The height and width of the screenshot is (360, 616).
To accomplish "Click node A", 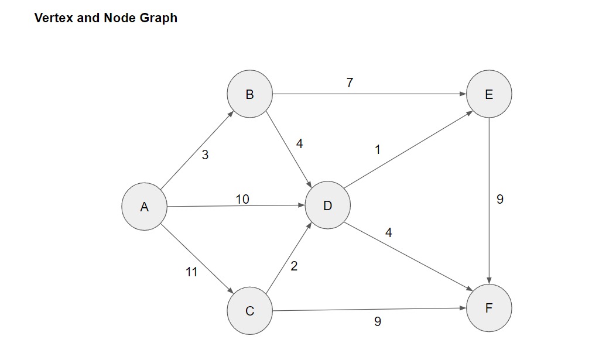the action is (x=144, y=206).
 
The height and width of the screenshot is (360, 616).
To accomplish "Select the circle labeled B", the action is (x=249, y=94).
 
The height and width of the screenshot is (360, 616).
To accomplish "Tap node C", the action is (x=249, y=310).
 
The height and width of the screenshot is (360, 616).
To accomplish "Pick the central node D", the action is (x=327, y=205).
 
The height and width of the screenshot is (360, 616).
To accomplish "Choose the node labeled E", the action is (x=489, y=94).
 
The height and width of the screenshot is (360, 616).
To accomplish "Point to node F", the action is (x=489, y=308).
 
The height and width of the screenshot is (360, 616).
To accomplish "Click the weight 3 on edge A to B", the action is (x=205, y=155).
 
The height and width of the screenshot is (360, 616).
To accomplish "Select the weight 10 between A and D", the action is (x=242, y=199).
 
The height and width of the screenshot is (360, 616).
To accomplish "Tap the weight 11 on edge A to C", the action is (x=191, y=272).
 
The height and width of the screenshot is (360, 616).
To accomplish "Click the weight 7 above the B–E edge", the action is (x=350, y=83).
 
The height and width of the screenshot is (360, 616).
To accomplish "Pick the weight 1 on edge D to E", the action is (x=378, y=150).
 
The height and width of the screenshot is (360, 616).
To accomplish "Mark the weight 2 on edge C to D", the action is (x=294, y=266).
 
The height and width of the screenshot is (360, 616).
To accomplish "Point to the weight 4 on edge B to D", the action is (x=299, y=143).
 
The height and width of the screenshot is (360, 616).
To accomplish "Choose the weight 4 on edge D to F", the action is (x=389, y=233).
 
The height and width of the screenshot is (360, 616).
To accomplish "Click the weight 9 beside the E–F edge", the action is (x=499, y=199).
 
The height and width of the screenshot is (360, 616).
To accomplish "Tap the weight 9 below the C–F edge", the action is (x=378, y=321).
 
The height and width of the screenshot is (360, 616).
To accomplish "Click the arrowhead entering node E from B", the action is (x=463, y=94).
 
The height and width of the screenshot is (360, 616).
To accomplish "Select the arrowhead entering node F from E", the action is (x=489, y=280).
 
